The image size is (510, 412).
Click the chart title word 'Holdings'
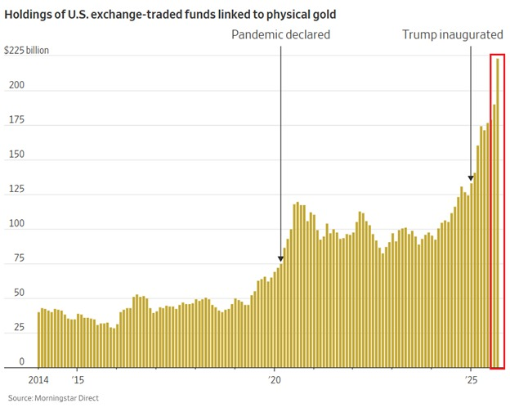34,15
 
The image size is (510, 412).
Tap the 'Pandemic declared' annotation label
280,35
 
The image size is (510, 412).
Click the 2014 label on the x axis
39,380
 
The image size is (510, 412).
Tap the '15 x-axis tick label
77,380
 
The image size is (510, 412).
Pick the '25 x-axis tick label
471,380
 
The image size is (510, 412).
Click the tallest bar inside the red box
499,213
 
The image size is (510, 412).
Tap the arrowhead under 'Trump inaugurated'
471,177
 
